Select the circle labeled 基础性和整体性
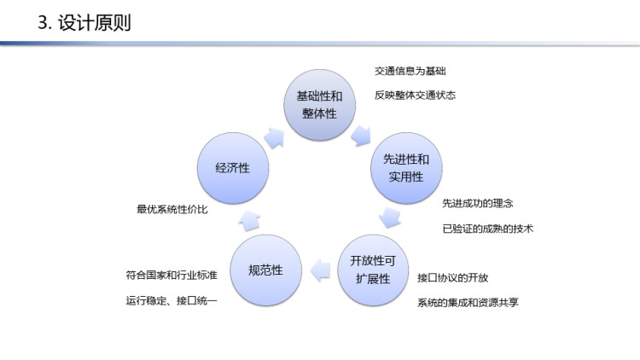320,105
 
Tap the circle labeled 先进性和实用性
406,168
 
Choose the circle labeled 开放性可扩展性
373,270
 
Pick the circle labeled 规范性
265,270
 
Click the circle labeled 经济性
233,168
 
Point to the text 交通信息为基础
410,71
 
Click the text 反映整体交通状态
415,95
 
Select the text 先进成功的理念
478,203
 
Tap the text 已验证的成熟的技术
488,229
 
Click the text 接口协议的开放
452,278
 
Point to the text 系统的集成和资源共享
468,303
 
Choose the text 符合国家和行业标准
172,275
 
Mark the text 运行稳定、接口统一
172,301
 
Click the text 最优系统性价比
172,209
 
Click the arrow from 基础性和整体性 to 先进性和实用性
361,136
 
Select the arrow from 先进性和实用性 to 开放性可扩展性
390,218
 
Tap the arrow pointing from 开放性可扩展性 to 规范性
321,270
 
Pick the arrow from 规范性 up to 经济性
249,221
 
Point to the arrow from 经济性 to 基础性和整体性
274,138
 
